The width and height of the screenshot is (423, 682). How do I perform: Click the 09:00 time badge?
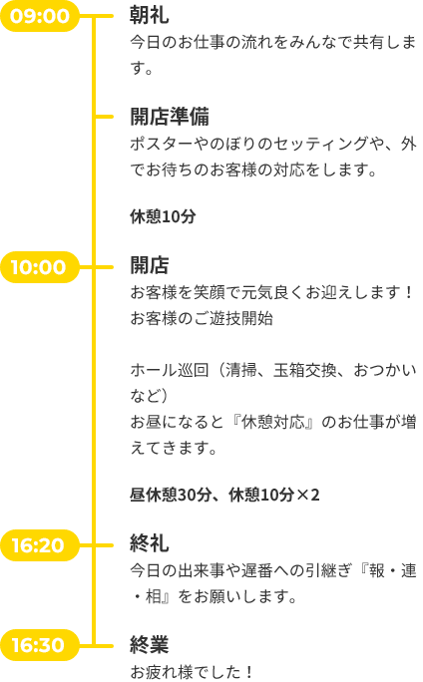(40, 16)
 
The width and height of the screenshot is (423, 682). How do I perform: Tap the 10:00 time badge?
(40, 267)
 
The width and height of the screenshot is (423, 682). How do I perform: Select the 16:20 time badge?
(40, 545)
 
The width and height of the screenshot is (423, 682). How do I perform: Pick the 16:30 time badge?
(40, 645)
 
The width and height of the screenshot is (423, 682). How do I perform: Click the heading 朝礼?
(150, 15)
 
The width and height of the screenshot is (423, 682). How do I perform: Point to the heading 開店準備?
(170, 117)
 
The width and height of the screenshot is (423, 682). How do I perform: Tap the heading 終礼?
(150, 544)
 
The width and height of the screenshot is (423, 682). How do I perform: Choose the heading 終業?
(150, 644)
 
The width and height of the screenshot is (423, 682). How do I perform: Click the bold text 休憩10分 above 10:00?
(163, 216)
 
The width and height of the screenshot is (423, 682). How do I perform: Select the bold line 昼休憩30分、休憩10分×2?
(224, 495)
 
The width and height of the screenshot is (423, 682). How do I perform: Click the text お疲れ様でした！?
(192, 672)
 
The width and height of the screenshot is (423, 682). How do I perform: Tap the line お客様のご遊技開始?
(202, 318)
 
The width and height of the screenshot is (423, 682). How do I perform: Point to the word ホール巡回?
(170, 370)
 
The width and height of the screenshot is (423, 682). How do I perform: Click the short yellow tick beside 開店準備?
(105, 117)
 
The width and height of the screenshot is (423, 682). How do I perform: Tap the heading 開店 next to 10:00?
(150, 265)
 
